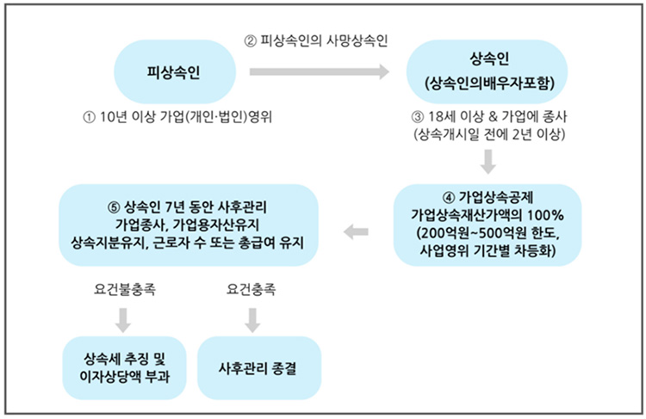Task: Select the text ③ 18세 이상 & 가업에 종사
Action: click(488, 117)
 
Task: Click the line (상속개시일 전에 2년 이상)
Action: click(488, 134)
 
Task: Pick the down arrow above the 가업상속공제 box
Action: click(488, 162)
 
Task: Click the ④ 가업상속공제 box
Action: click(488, 221)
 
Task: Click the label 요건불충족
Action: click(123, 291)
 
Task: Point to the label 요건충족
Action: click(251, 291)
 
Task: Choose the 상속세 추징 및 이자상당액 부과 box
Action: click(125, 367)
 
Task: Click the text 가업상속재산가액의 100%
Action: click(488, 213)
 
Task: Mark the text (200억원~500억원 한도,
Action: click(488, 232)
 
